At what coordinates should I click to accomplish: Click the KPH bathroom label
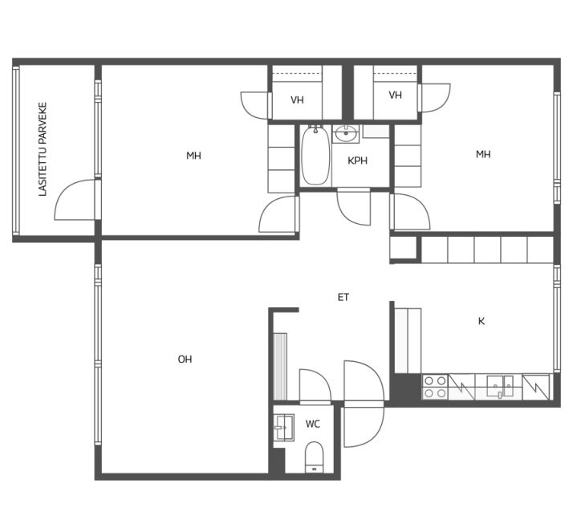(x=357, y=160)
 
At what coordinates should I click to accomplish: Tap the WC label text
(x=313, y=425)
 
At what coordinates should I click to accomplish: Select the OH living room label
(x=185, y=360)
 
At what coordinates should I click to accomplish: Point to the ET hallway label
(x=343, y=298)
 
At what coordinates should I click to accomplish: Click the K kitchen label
(x=482, y=321)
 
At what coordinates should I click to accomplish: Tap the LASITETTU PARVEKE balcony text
(x=43, y=149)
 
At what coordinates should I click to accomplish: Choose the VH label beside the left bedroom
(x=297, y=100)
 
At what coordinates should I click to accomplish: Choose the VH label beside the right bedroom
(x=395, y=95)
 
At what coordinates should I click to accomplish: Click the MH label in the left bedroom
(x=193, y=156)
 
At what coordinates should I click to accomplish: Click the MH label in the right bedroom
(x=483, y=154)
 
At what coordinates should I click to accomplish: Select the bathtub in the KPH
(x=315, y=155)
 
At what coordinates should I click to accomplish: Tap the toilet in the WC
(x=315, y=457)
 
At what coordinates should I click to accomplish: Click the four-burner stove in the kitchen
(x=435, y=387)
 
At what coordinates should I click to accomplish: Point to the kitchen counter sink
(x=500, y=387)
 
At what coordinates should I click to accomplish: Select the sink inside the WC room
(x=284, y=427)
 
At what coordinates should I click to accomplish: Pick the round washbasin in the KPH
(x=346, y=133)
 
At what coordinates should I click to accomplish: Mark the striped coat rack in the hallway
(x=280, y=367)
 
